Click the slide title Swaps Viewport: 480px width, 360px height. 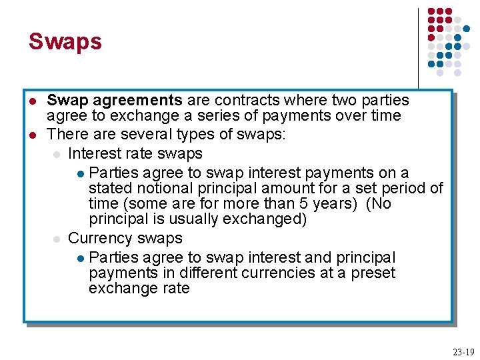tap(65, 41)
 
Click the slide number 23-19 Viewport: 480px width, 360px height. tap(462, 351)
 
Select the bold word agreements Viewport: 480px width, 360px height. tap(137, 101)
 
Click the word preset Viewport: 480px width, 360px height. tap(375, 273)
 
